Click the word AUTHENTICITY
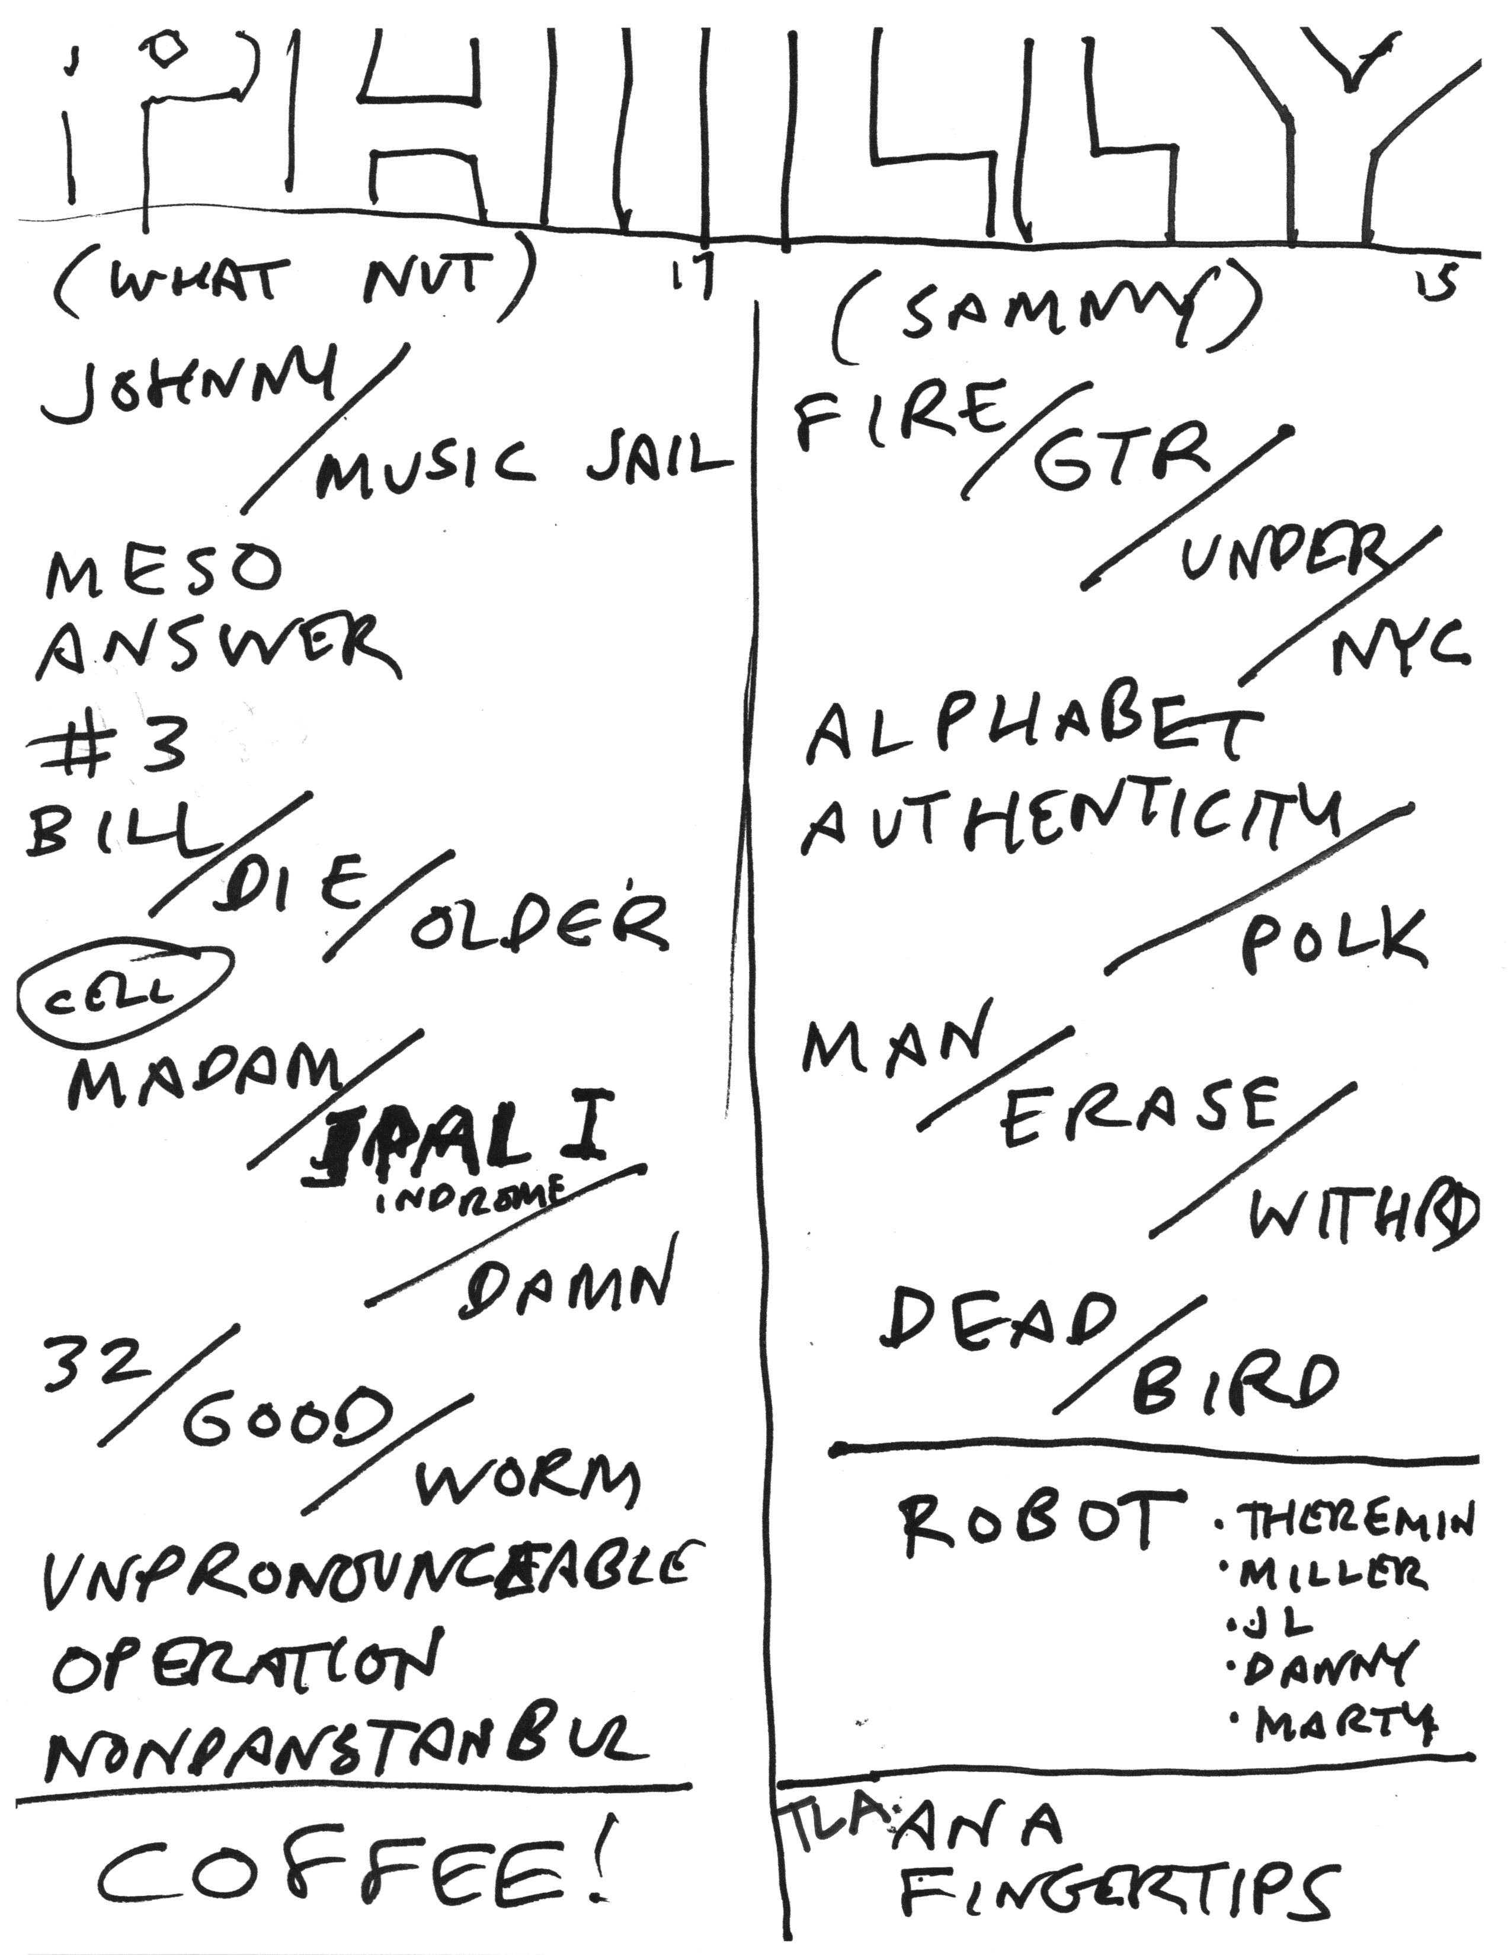1074,821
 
